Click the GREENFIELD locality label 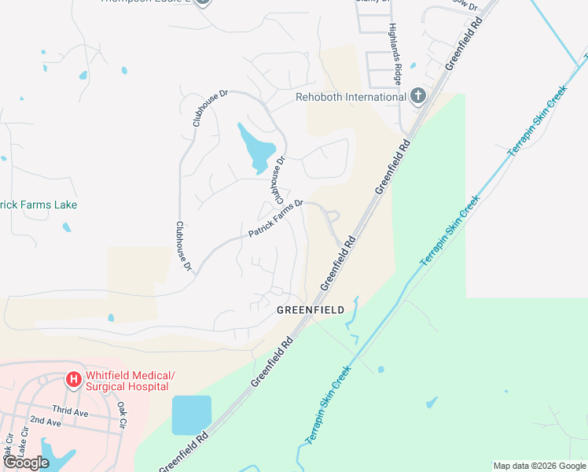tap(310, 310)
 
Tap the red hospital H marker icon tap(74, 380)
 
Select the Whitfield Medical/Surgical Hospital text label tap(130, 381)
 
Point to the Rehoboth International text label tap(350, 97)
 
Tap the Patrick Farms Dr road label tap(275, 219)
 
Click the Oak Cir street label tap(122, 416)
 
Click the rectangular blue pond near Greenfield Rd tap(192, 415)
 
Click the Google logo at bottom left tap(27, 463)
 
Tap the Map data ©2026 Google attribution tap(539, 466)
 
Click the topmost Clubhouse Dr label tap(209, 109)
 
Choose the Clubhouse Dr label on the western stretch tap(184, 246)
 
